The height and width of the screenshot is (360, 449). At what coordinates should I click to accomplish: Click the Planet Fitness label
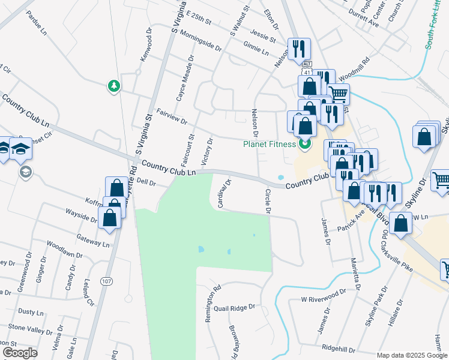point(270,144)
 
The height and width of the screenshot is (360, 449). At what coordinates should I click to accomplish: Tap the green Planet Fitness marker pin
point(306,144)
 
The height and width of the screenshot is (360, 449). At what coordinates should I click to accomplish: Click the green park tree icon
point(113,86)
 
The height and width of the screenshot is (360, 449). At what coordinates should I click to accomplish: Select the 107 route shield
point(107,281)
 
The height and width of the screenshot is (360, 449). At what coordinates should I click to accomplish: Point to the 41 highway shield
point(307,72)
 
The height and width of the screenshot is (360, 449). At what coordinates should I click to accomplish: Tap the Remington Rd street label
point(211,304)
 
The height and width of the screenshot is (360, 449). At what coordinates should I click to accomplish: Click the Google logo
point(20,353)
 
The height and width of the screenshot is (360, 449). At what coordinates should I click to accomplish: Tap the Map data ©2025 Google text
point(412,355)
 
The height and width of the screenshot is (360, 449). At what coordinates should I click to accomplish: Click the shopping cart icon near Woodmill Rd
point(338,94)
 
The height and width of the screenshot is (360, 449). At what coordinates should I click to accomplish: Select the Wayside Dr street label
point(81,216)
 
